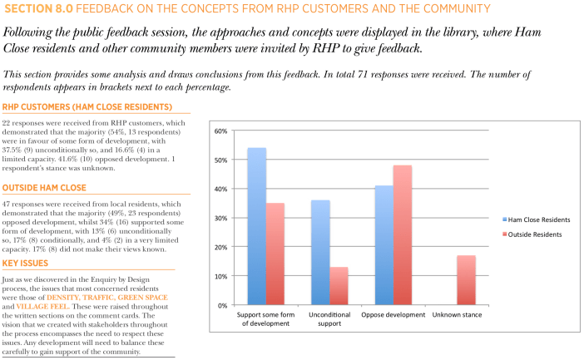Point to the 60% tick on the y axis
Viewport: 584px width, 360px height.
click(x=220, y=131)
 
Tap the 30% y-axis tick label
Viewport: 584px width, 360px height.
click(x=220, y=219)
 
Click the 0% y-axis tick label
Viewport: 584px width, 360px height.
click(x=223, y=305)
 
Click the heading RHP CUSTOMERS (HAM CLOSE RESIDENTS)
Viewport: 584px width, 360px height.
click(x=87, y=107)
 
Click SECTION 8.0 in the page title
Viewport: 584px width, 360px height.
click(x=38, y=8)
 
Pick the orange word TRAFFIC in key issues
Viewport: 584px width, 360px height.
click(x=98, y=298)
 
